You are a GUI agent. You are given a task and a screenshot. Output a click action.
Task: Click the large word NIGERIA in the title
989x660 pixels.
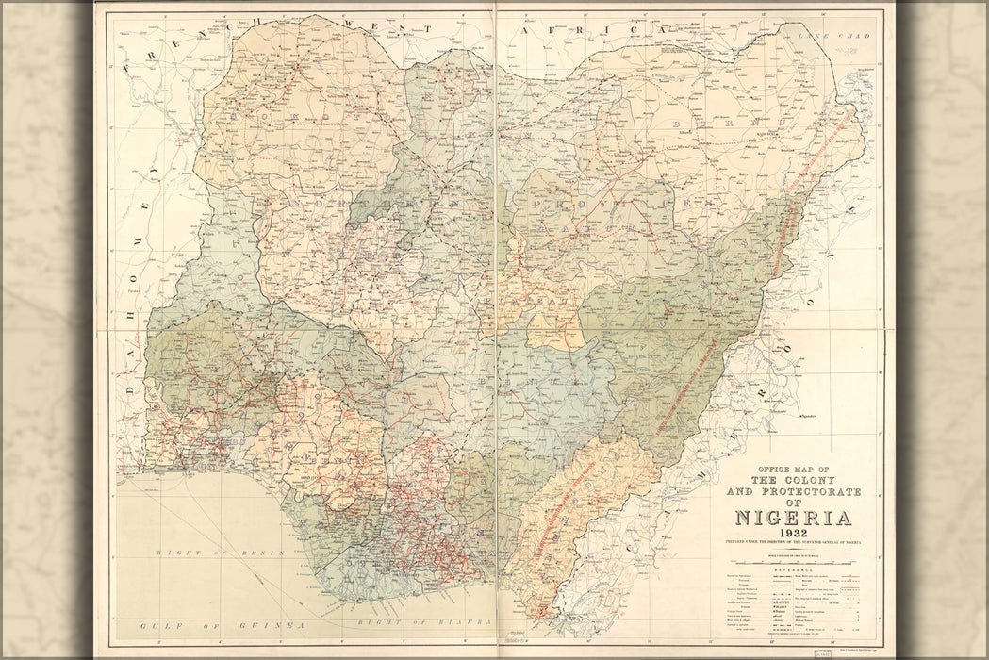(x=792, y=518)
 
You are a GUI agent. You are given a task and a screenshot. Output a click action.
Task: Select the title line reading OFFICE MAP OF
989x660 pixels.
(x=792, y=470)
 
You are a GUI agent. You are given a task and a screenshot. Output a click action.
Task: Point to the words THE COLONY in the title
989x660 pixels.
(x=792, y=481)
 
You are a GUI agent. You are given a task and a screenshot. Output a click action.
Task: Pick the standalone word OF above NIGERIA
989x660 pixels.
(x=792, y=503)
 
